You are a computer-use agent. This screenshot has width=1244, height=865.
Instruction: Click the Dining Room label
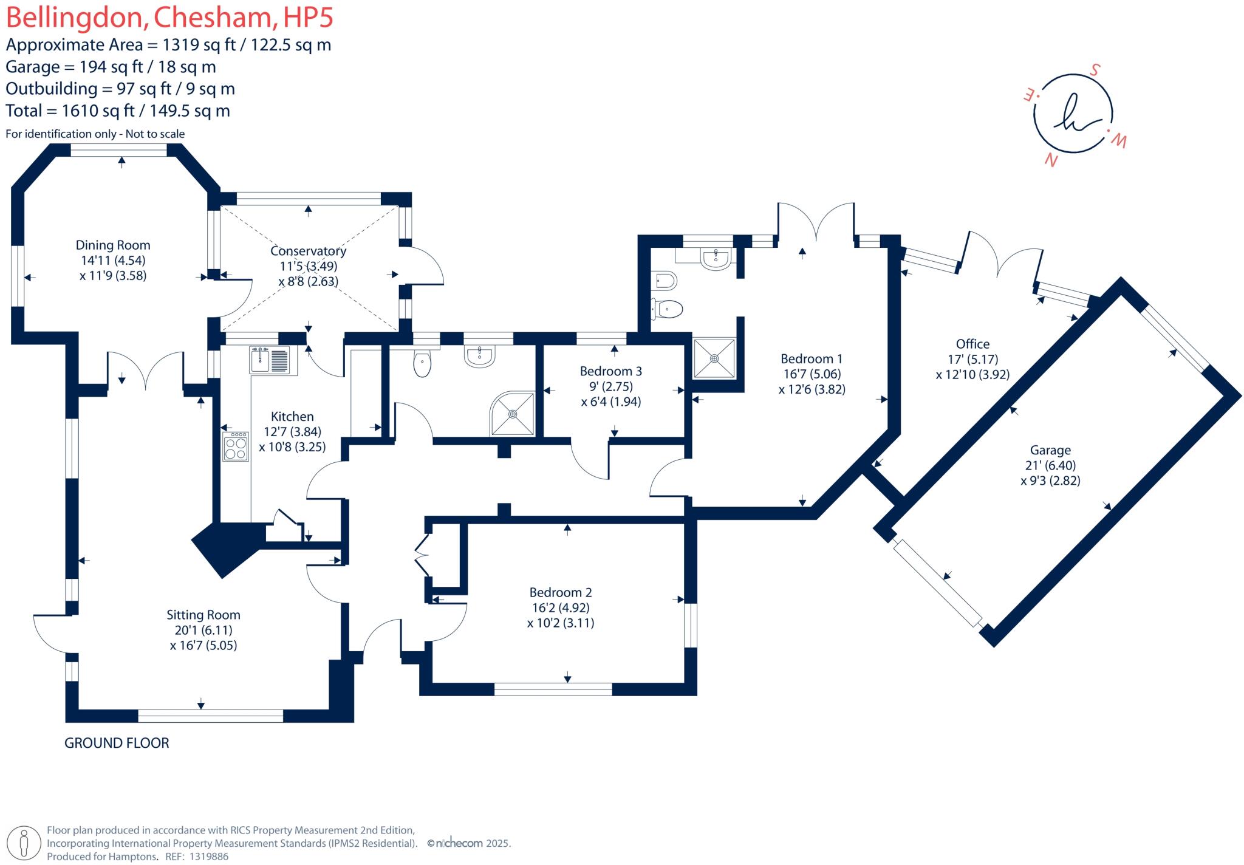point(112,245)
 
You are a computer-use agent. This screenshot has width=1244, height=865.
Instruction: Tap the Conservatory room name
point(308,251)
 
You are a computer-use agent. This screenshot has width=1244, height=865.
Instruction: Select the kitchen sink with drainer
point(271,360)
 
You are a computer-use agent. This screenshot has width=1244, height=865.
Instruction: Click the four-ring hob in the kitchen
point(236,446)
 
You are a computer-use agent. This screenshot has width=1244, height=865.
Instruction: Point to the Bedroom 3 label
point(610,371)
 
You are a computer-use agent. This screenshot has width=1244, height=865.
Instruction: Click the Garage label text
point(1050,450)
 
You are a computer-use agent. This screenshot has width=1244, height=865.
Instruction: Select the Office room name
point(972,344)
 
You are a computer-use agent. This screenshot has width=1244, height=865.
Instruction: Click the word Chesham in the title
point(213,18)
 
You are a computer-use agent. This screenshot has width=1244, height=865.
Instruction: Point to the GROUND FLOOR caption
point(117,743)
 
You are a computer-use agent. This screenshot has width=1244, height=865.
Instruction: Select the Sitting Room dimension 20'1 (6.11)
point(203,631)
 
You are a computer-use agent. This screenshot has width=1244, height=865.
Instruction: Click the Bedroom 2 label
point(560,592)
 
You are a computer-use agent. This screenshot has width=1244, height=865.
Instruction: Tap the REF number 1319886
point(210,856)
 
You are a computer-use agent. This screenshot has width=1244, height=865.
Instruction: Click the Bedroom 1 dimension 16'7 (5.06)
point(812,374)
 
